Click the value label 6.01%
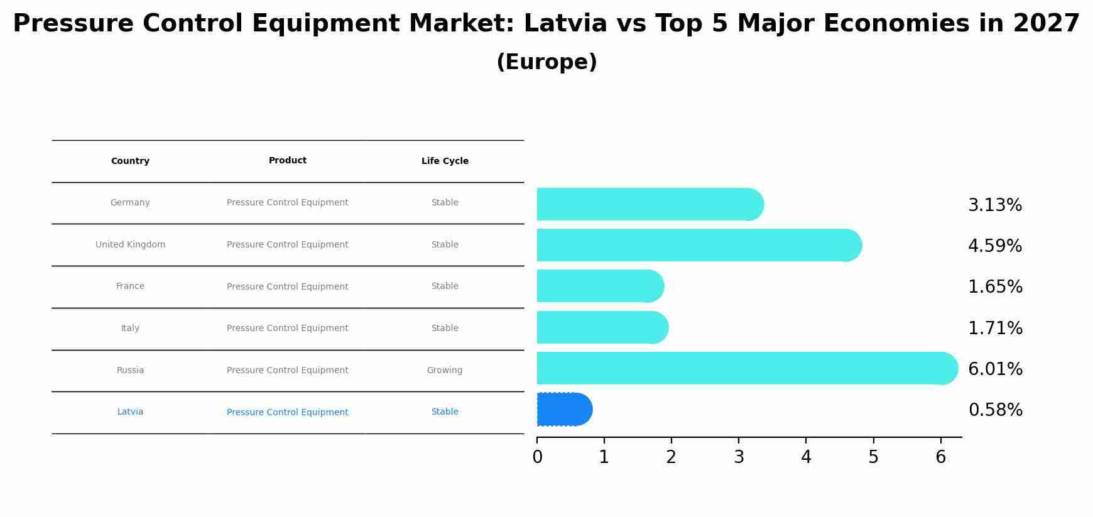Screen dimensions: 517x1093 995,369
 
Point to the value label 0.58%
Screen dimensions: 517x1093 995,410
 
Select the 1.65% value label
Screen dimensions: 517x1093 995,287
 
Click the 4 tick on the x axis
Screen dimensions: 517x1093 806,457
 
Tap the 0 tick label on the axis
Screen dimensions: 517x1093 537,457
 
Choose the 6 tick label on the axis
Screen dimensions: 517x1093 940,457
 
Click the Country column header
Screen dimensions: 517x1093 130,161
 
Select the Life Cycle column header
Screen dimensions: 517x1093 445,161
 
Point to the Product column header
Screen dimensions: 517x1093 288,161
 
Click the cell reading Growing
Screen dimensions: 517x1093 445,371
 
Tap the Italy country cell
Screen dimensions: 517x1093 130,329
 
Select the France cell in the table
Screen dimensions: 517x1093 130,286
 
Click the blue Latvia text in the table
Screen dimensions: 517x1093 130,412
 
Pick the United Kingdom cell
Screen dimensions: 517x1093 130,245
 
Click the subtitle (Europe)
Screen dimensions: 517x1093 546,62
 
